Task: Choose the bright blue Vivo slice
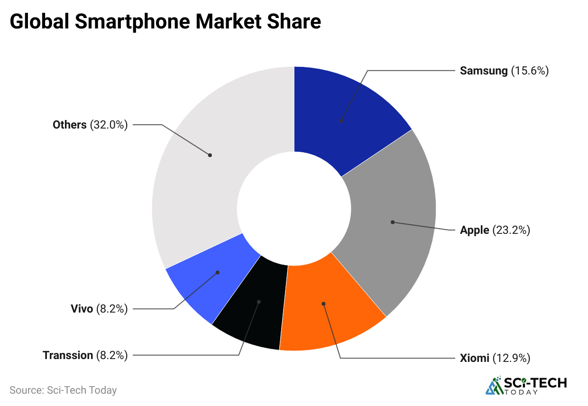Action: coord(209,280)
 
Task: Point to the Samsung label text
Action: coord(484,71)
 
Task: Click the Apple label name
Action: coord(474,231)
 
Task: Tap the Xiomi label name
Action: coord(474,358)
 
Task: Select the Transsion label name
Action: coord(68,355)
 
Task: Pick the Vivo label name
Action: coord(82,309)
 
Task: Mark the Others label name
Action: coord(70,125)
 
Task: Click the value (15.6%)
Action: coord(530,71)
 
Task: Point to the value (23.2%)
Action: coord(511,231)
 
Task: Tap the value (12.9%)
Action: coord(511,358)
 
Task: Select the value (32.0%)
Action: coord(109,125)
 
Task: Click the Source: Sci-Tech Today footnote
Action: coord(63,390)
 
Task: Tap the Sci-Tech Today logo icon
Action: coord(495,386)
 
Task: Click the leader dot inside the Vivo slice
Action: coord(218,272)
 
